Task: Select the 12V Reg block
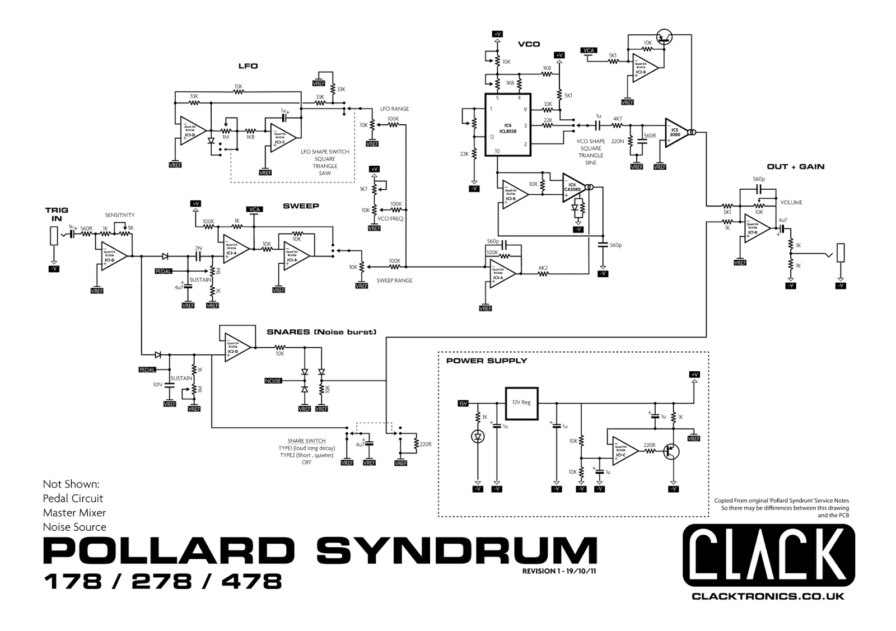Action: coord(521,403)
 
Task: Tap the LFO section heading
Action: coord(248,66)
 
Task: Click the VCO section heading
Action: coord(529,44)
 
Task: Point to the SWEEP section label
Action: coord(301,206)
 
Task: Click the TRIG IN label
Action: coord(57,214)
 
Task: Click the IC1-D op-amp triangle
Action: coord(111,256)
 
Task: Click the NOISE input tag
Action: coord(273,381)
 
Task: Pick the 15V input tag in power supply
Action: coord(463,403)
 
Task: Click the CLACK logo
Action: coord(768,555)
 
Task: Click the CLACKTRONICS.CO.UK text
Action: coord(768,597)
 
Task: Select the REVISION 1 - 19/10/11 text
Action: coord(558,572)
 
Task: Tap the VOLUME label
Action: coord(791,203)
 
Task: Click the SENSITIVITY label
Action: coord(120,215)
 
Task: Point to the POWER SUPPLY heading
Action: coord(486,361)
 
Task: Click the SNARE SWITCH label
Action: coord(306,441)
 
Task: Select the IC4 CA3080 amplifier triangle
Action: coord(574,188)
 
